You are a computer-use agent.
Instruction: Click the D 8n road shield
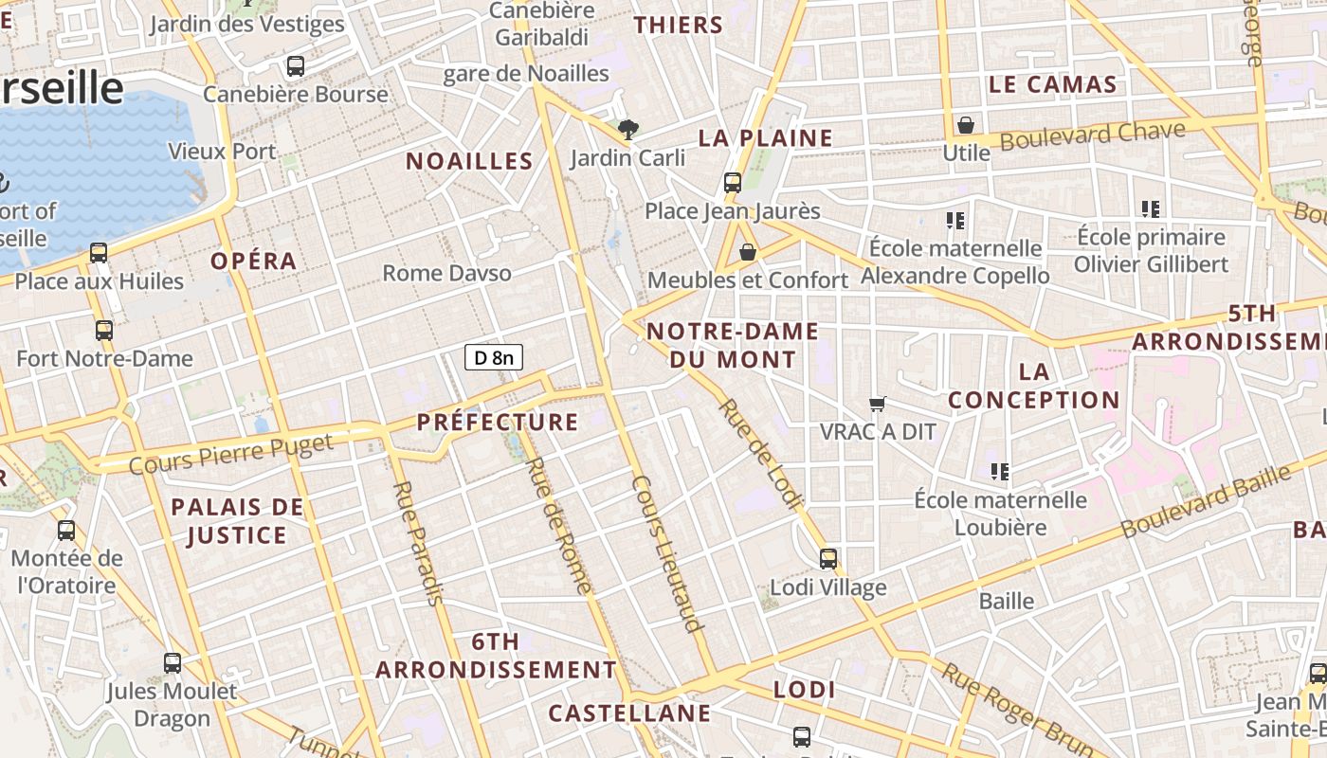click(x=493, y=357)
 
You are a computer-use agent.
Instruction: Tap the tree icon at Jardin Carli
click(x=627, y=129)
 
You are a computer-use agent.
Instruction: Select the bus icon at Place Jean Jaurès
click(x=733, y=183)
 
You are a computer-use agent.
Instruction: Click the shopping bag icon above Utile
click(x=965, y=124)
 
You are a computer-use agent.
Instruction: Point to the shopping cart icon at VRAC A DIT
click(x=878, y=404)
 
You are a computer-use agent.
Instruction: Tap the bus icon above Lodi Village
click(x=828, y=559)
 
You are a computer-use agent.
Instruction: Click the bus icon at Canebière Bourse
click(x=296, y=66)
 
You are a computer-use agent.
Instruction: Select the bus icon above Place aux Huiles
click(x=99, y=253)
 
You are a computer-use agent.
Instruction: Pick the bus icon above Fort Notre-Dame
click(x=104, y=331)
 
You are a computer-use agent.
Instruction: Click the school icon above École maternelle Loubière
click(x=999, y=471)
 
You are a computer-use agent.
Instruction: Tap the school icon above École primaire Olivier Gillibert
click(x=1151, y=208)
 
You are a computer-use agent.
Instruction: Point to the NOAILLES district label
click(x=469, y=161)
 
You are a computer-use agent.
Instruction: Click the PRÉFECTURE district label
click(x=498, y=422)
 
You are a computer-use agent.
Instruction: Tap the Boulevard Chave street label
click(x=1092, y=135)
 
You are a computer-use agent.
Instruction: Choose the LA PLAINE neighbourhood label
click(x=765, y=138)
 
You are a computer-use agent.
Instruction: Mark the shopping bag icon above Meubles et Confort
click(x=748, y=252)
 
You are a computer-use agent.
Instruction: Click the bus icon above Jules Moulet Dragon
click(x=173, y=663)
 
